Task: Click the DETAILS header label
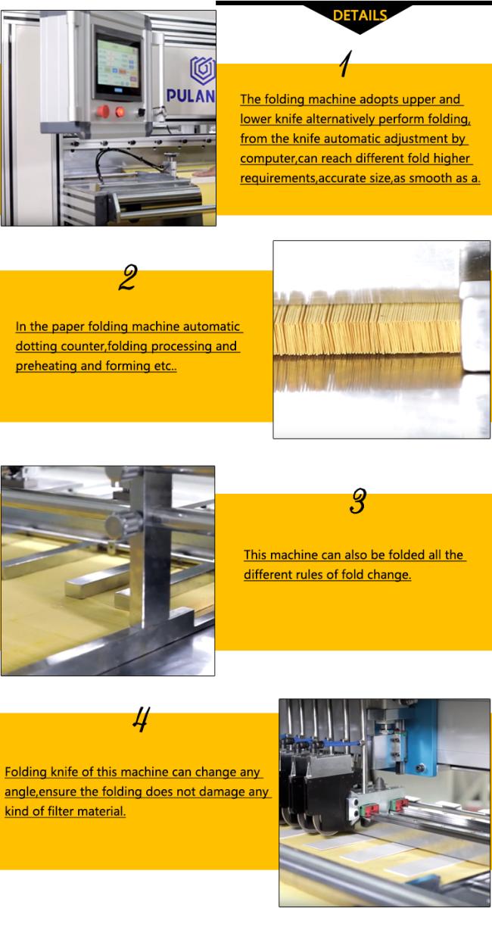pyautogui.click(x=360, y=16)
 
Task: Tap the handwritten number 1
pyautogui.click(x=346, y=64)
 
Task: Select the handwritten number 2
pyautogui.click(x=128, y=277)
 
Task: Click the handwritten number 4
pyautogui.click(x=141, y=719)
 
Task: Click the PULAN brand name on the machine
pyautogui.click(x=191, y=96)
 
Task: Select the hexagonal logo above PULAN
pyautogui.click(x=203, y=70)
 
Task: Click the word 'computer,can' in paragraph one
pyautogui.click(x=279, y=158)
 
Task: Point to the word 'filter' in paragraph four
pyautogui.click(x=61, y=811)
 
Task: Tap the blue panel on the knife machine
pyautogui.click(x=419, y=738)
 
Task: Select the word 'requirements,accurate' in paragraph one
pyautogui.click(x=315, y=179)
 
